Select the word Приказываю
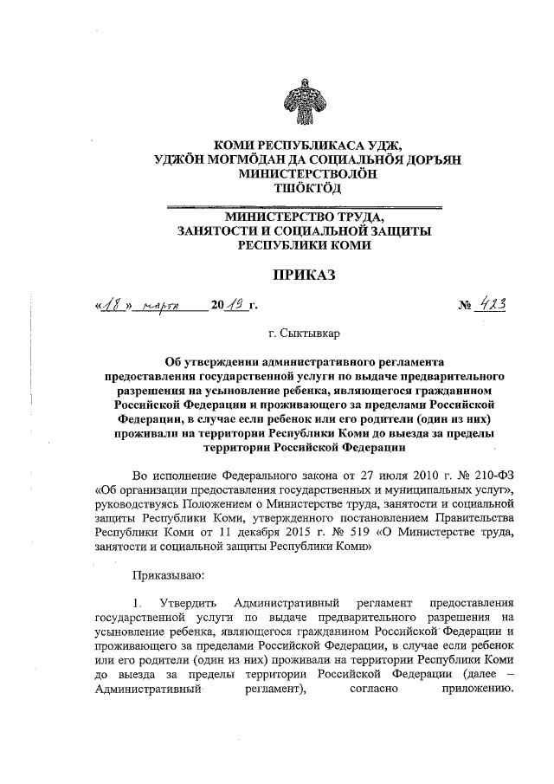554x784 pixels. [x=167, y=574]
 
